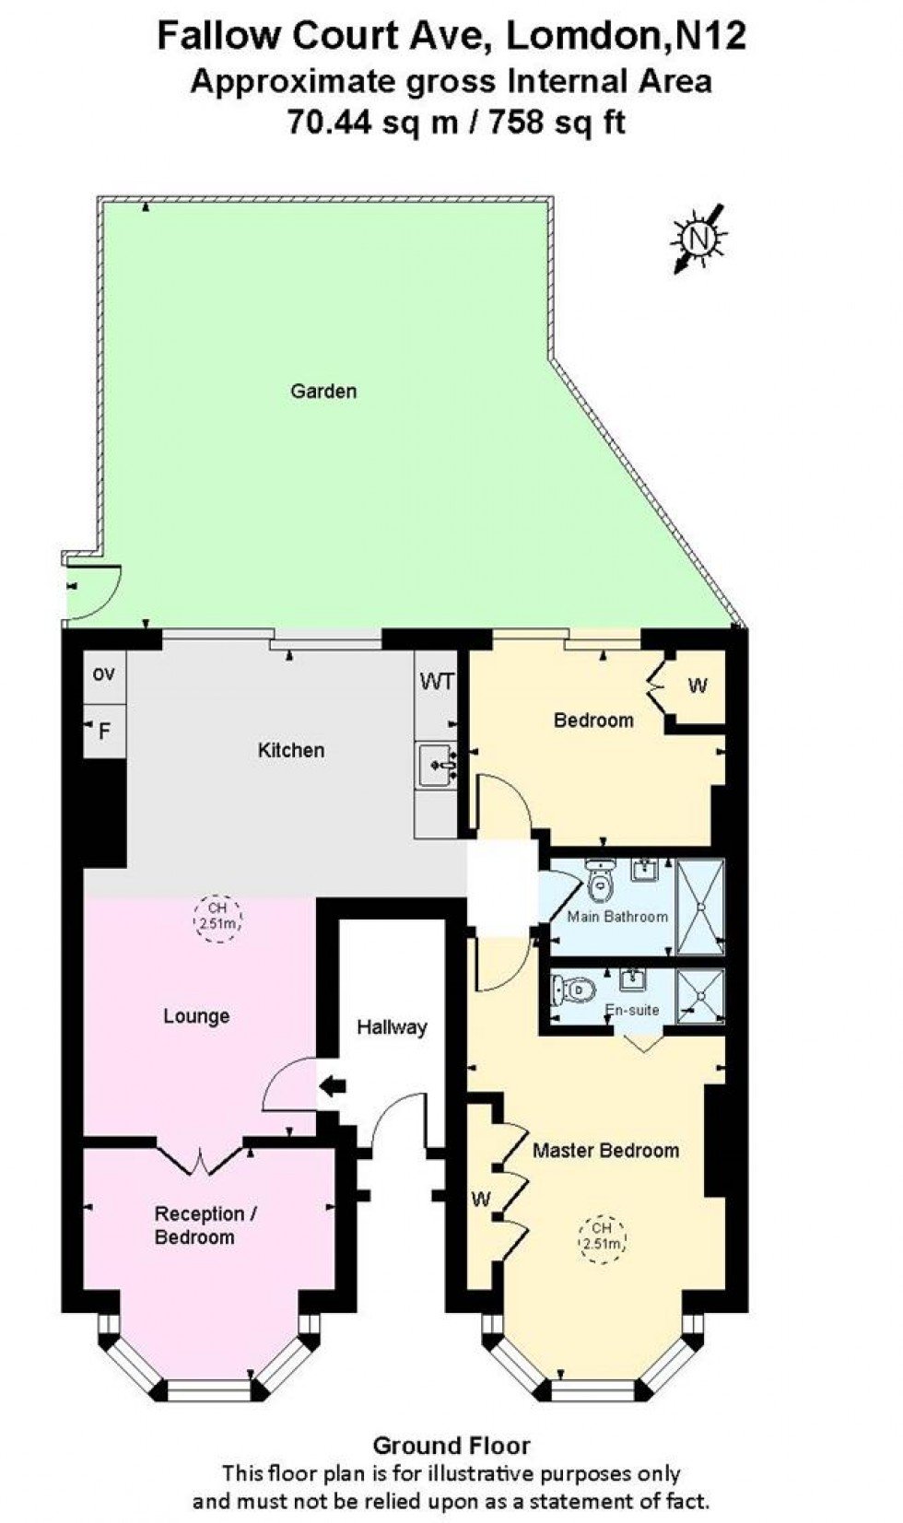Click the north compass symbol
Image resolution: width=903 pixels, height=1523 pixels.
pos(699,238)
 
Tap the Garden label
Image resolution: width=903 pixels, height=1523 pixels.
pos(323,391)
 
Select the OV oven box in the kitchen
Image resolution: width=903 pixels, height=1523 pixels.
pos(104,674)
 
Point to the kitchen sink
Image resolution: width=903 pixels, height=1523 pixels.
pos(438,765)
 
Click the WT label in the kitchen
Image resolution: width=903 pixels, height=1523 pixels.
pos(437,682)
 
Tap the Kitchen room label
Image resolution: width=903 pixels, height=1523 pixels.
pos(290,750)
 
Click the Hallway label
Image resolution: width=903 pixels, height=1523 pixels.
pos(392,1026)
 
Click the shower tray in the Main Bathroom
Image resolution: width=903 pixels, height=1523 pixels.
pos(700,907)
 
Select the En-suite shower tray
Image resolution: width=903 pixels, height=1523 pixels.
pos(700,996)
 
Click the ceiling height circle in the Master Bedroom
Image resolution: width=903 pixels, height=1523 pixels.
pos(602,1237)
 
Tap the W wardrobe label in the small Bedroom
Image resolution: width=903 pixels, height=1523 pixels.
pos(698,686)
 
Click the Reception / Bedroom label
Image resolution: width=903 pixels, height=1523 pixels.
pos(205,1225)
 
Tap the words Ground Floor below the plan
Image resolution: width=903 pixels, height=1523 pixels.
pos(451,1445)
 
